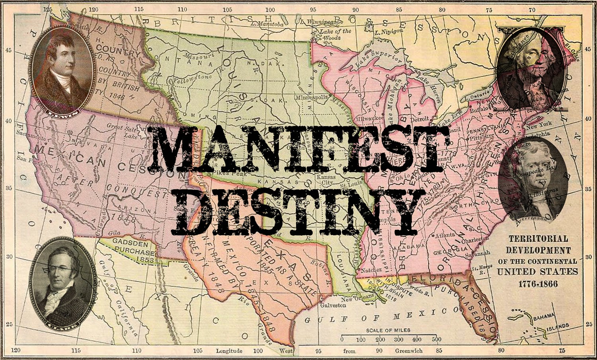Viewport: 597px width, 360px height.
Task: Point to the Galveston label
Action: [x=333, y=305]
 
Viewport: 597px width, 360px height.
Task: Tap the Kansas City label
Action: [x=326, y=180]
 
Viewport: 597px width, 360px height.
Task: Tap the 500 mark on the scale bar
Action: [x=437, y=340]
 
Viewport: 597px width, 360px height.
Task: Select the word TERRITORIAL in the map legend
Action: [x=537, y=239]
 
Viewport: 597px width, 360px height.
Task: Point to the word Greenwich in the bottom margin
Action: [x=409, y=351]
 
